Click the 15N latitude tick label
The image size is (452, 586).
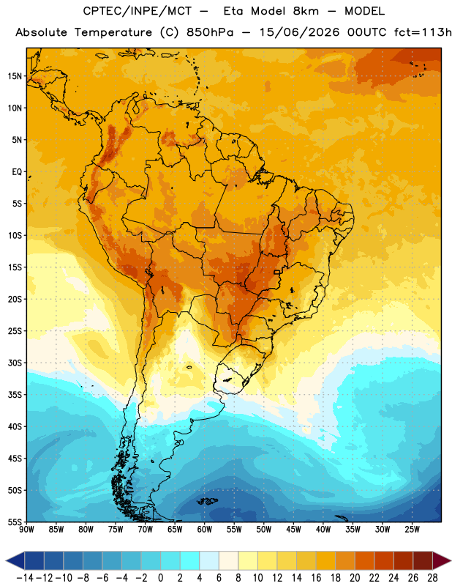[x=15, y=76]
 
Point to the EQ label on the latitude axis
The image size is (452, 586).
[x=17, y=172]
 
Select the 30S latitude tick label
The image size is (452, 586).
[x=15, y=363]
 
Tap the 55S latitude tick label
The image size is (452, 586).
[x=15, y=522]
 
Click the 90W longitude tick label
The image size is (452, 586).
[x=26, y=530]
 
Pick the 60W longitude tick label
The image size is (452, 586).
[x=205, y=530]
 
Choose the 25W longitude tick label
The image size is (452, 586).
[x=412, y=530]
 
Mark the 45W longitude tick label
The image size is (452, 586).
[x=293, y=530]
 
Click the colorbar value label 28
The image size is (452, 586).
[x=432, y=578]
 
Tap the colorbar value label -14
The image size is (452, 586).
[x=25, y=578]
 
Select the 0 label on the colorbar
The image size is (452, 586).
[x=160, y=578]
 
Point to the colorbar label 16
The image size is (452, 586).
[x=316, y=578]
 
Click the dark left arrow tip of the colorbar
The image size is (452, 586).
[x=7, y=560]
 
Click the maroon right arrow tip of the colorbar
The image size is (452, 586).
[x=450, y=560]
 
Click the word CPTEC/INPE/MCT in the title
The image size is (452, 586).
[x=138, y=11]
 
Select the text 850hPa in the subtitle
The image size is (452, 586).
[x=210, y=32]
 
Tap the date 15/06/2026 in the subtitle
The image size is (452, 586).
[x=299, y=32]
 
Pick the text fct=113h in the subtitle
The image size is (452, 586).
[x=423, y=32]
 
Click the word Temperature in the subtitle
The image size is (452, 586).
[x=113, y=32]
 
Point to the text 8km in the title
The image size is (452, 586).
[x=306, y=11]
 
